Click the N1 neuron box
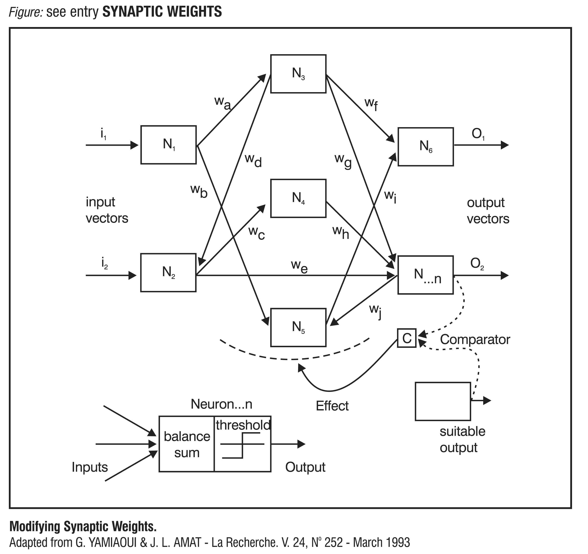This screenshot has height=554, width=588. (x=168, y=145)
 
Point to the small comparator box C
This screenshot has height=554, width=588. (x=407, y=338)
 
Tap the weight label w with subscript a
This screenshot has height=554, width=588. (x=222, y=103)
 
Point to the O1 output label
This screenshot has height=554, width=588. (x=478, y=134)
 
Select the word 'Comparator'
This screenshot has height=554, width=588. (x=475, y=339)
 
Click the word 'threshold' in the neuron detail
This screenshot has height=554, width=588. (x=243, y=425)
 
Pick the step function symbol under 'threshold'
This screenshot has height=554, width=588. (x=242, y=445)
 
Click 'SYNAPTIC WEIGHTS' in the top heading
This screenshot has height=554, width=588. (x=162, y=12)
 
